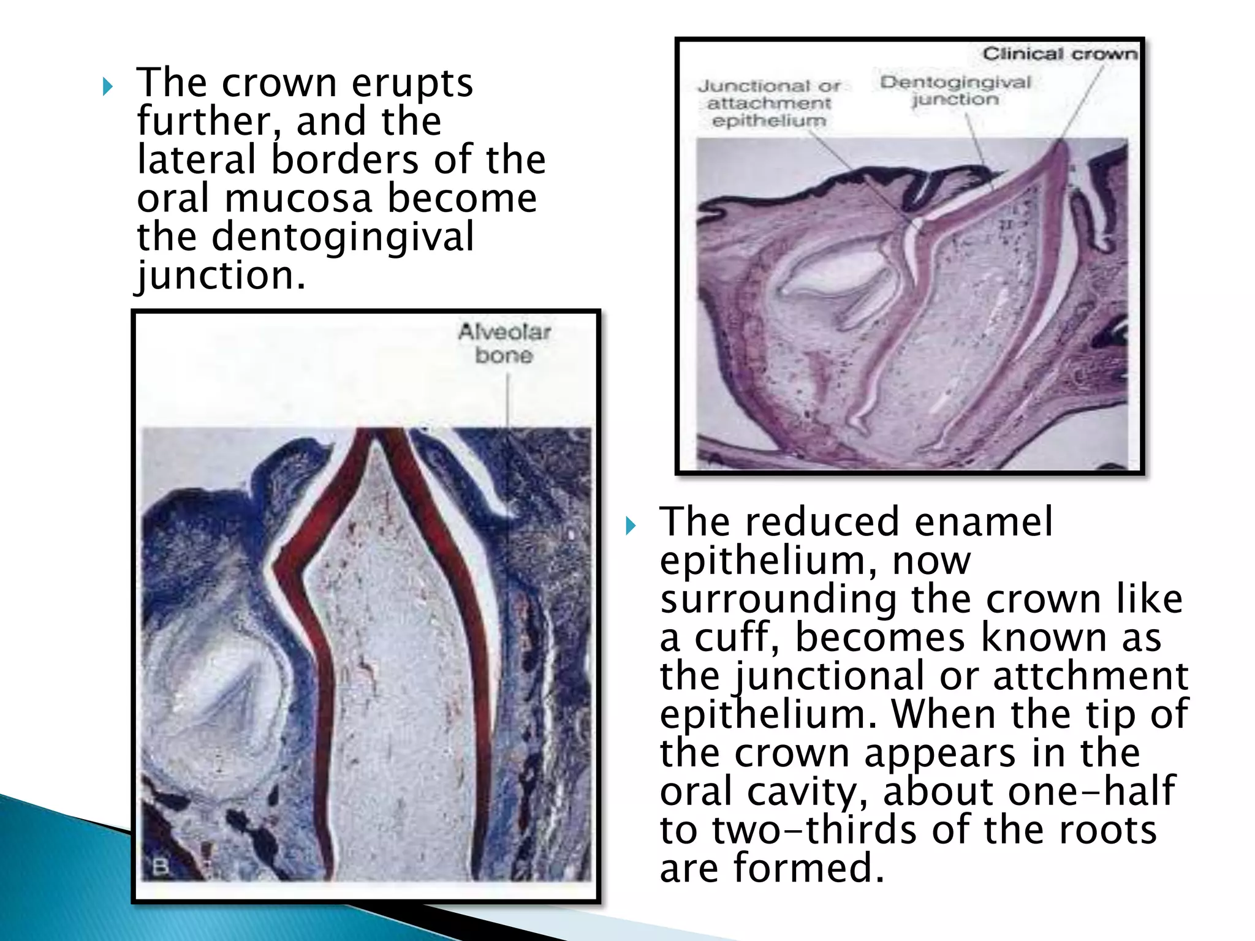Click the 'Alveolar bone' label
click(x=504, y=344)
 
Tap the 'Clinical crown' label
click(x=1060, y=54)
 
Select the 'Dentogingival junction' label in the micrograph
click(x=955, y=91)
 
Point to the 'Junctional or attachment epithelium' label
click(x=769, y=103)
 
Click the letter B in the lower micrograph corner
click(x=160, y=867)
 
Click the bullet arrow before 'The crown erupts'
click(x=108, y=86)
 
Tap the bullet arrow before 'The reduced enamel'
click(x=631, y=526)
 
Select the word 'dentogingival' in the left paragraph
click(x=343, y=237)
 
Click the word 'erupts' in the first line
click(x=412, y=83)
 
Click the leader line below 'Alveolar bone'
click(x=507, y=398)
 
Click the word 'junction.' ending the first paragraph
click(x=221, y=276)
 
